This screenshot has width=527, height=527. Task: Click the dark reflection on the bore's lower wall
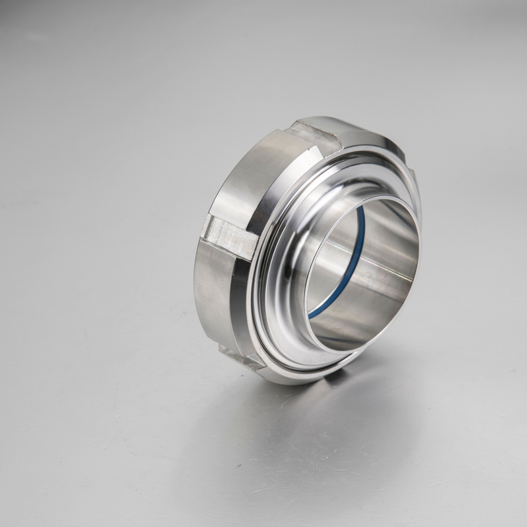pos(356,323)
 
